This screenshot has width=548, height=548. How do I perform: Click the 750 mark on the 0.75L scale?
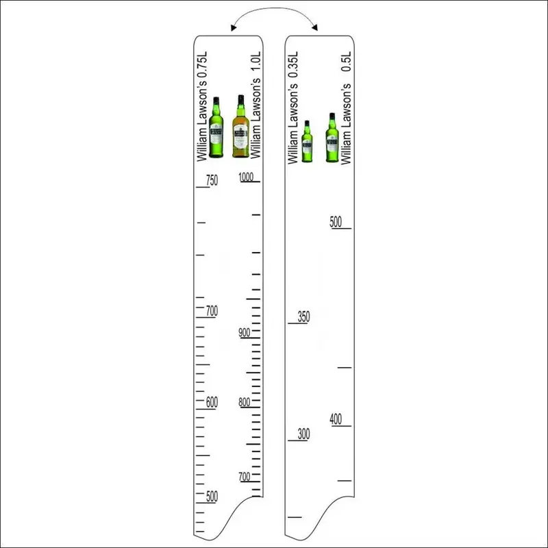click(212, 180)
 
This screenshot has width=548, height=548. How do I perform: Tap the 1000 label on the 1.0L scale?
click(246, 177)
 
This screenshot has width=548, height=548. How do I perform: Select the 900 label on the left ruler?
click(245, 332)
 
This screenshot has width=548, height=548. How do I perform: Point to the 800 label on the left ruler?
click(245, 402)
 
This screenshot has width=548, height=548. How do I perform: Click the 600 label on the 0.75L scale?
click(212, 402)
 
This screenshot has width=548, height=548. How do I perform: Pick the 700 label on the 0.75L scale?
click(212, 311)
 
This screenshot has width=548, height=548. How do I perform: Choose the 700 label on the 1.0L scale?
click(245, 477)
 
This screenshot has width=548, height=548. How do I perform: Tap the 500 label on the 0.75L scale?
click(212, 496)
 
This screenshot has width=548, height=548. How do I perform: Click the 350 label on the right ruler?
click(303, 316)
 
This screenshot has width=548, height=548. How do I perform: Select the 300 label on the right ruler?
click(303, 434)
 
